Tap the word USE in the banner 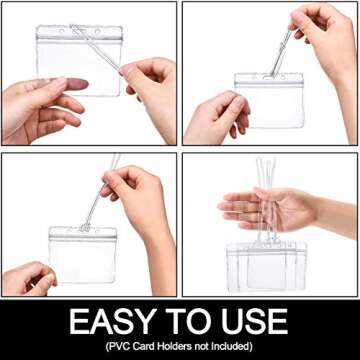(254, 323)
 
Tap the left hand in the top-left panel (40, 105)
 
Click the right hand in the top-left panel (150, 85)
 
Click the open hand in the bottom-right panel (265, 208)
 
